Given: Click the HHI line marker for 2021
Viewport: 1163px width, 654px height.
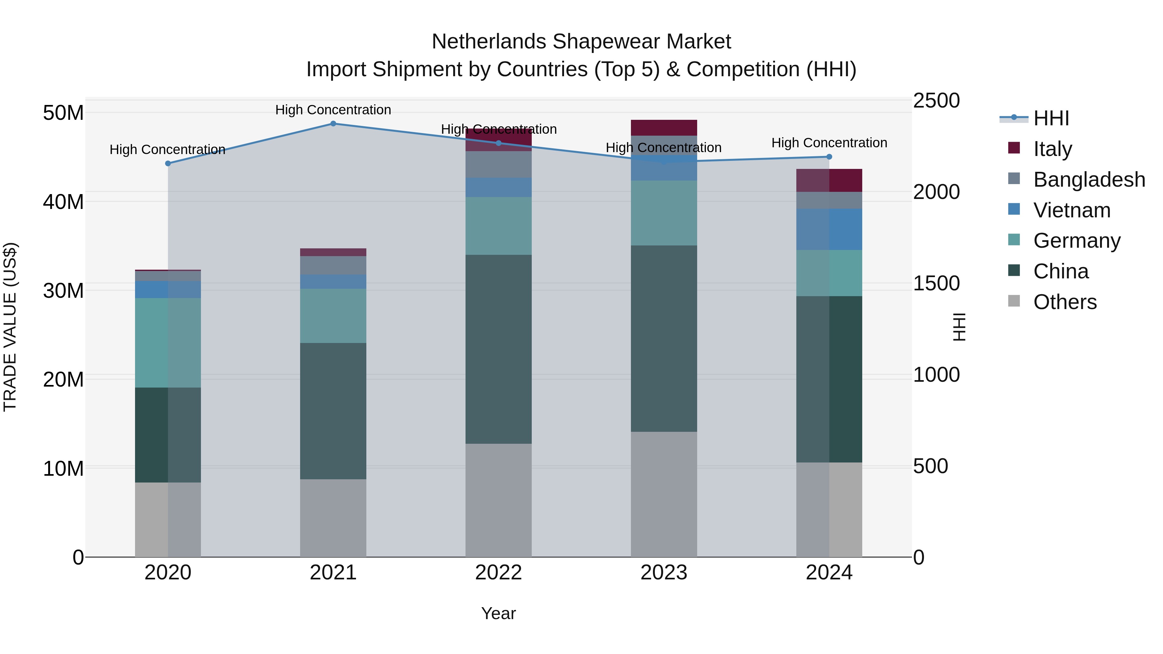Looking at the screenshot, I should [x=333, y=124].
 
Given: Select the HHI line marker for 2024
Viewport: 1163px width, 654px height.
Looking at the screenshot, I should [x=829, y=157].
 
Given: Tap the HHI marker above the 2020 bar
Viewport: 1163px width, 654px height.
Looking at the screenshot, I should [x=168, y=163].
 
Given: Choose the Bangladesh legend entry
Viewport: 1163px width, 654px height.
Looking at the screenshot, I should [x=1088, y=180].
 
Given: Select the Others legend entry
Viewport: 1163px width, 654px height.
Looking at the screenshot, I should [x=1064, y=302].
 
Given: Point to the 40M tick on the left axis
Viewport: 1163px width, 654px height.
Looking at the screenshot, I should [x=63, y=202].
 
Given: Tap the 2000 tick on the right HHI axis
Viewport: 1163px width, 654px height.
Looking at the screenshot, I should [x=936, y=192].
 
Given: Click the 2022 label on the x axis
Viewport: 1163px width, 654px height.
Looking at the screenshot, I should [x=498, y=573].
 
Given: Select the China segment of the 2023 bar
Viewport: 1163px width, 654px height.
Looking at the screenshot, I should [x=664, y=338].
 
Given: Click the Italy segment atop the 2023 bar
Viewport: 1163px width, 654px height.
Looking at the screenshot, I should [x=664, y=128].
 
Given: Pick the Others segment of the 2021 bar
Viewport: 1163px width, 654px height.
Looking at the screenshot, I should [x=333, y=518].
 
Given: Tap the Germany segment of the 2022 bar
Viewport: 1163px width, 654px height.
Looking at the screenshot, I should [x=498, y=226].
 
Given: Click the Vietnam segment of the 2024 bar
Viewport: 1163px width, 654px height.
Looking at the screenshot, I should [x=829, y=229].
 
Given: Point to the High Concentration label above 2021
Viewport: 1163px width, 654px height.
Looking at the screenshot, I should [x=333, y=110].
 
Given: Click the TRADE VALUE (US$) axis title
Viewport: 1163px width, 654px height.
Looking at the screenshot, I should [x=10, y=327].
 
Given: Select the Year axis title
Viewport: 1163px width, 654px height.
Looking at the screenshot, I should [x=498, y=613].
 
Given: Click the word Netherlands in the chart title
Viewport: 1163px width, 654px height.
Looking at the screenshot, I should [x=489, y=42].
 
